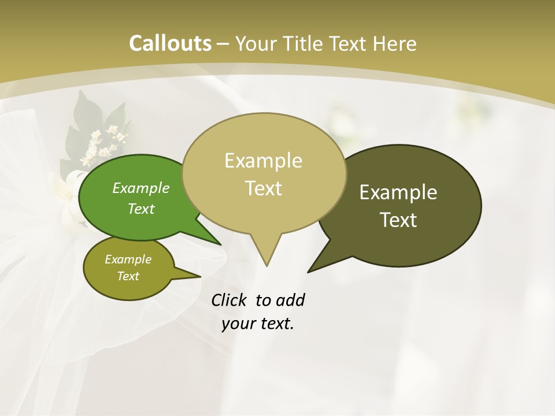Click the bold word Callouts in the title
(170, 43)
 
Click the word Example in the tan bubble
(263, 161)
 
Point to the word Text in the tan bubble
(264, 188)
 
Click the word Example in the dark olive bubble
(398, 192)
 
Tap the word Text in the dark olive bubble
(399, 220)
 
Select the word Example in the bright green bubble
(141, 188)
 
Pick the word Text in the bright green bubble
(141, 209)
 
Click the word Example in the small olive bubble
(128, 259)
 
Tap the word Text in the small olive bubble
(128, 276)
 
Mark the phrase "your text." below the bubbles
(258, 324)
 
